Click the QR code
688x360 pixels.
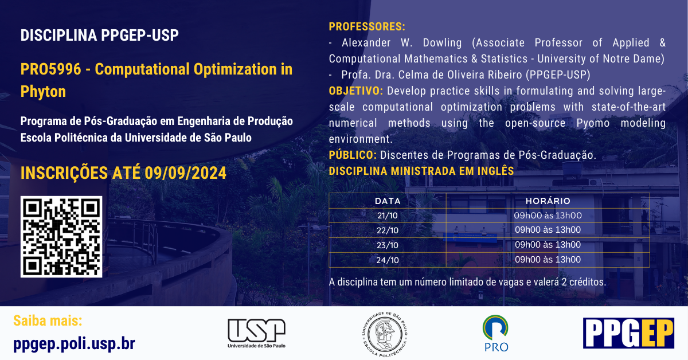click(61, 237)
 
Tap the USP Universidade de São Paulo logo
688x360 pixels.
click(256, 333)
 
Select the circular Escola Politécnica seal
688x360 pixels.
click(385, 334)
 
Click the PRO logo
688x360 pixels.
click(495, 333)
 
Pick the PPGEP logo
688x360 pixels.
click(628, 333)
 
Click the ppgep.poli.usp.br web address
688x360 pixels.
click(74, 343)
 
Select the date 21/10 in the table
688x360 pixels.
click(388, 216)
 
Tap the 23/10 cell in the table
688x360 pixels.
click(388, 245)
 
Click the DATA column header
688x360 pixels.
click(388, 201)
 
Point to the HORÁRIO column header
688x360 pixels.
click(548, 201)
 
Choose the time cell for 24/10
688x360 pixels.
click(548, 260)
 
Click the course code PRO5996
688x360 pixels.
click(50, 69)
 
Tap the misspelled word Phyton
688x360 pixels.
click(44, 92)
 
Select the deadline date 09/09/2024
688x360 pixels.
click(186, 173)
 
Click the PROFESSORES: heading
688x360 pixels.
click(367, 26)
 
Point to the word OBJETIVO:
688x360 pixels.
click(356, 91)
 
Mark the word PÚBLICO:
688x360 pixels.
click(353, 155)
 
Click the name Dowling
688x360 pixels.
click(442, 42)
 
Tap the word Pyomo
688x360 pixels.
click(593, 123)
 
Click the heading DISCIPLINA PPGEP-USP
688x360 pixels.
click(100, 35)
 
